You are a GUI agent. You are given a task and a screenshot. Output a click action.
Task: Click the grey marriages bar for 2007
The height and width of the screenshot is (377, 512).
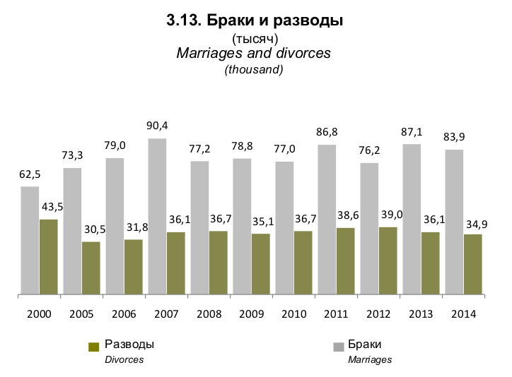pos(157,215)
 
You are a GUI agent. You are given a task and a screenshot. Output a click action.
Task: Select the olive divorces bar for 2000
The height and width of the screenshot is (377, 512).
pos(48,256)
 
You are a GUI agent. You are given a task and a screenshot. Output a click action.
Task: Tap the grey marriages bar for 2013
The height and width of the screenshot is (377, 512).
pos(412,219)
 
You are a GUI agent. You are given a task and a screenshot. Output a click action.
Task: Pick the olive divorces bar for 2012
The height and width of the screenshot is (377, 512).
pos(388,260)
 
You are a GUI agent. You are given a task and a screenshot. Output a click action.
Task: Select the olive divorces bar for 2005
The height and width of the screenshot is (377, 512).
pos(91,268)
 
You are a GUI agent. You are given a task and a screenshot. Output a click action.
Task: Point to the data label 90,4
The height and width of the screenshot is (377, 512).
pos(157,126)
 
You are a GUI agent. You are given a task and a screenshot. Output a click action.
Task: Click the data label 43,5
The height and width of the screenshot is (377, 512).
pos(49,207)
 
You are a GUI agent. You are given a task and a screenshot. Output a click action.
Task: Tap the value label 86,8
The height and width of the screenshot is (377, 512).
pos(327,132)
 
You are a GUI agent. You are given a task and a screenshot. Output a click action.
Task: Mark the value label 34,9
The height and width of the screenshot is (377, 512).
pos(473,224)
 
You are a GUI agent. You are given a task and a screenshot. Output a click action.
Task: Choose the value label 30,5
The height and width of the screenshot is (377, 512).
pos(91,229)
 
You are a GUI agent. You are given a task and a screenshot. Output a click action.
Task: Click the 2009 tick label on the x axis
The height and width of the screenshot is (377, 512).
pos(251,313)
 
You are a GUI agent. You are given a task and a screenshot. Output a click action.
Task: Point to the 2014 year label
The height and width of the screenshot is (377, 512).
pos(462,313)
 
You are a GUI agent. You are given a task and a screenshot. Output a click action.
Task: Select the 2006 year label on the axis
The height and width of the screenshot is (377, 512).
pos(124,313)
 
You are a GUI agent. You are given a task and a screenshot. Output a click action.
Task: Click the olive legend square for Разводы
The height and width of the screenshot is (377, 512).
pos(93,347)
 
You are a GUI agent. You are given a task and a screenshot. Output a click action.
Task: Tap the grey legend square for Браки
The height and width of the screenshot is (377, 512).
pos(338,347)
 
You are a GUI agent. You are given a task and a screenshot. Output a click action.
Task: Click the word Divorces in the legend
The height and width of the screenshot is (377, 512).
pos(124,360)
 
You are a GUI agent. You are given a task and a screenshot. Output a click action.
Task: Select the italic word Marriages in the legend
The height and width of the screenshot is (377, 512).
pos(370,360)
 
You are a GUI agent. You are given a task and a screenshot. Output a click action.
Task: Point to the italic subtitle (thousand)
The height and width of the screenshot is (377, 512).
pos(254,69)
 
